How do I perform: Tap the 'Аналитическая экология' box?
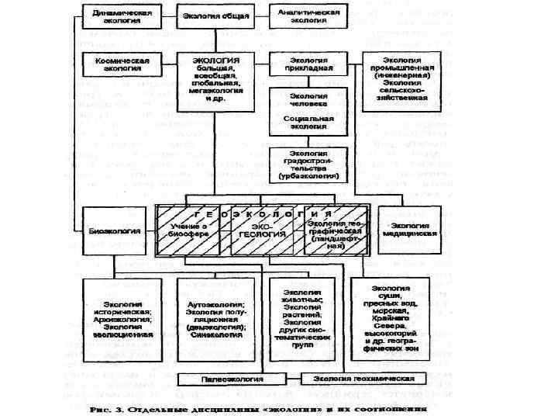pos(304,18)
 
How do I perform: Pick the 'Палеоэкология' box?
pos(232,378)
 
